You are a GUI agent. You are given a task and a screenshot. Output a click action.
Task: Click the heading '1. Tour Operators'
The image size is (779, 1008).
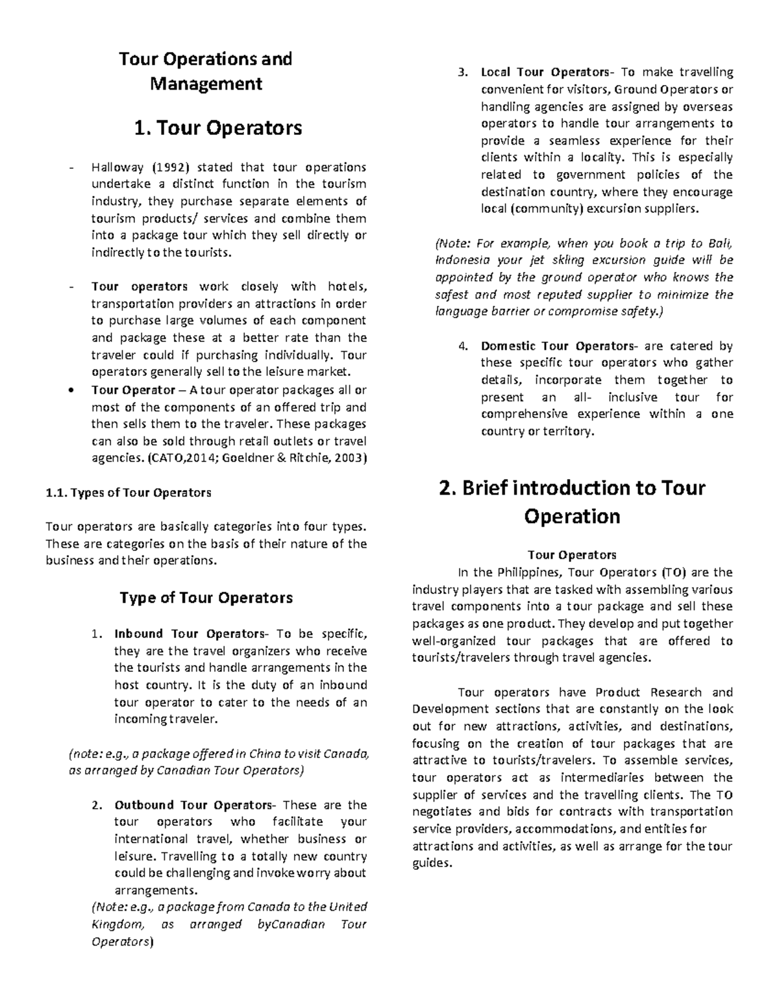[217, 128]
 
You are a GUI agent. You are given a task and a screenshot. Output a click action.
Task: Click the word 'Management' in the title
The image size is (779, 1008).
[206, 84]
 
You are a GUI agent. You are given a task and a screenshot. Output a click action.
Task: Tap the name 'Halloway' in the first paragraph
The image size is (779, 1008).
[117, 167]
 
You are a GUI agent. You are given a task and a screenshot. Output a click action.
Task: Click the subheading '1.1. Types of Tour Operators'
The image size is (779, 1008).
[129, 493]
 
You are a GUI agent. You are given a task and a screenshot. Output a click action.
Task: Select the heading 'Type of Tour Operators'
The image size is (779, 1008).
[206, 598]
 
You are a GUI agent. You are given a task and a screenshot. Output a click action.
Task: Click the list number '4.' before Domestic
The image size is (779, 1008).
[463, 346]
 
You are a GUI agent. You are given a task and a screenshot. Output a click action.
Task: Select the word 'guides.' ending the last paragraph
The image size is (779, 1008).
[432, 863]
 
